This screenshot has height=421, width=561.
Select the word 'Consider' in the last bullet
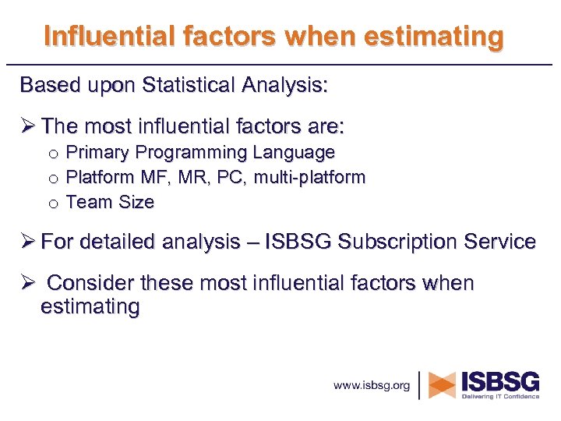point(87,283)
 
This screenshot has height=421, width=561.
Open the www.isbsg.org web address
point(372,385)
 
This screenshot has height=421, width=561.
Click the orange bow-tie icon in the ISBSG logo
point(443,384)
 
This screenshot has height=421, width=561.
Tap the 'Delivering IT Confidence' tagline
point(500,397)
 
